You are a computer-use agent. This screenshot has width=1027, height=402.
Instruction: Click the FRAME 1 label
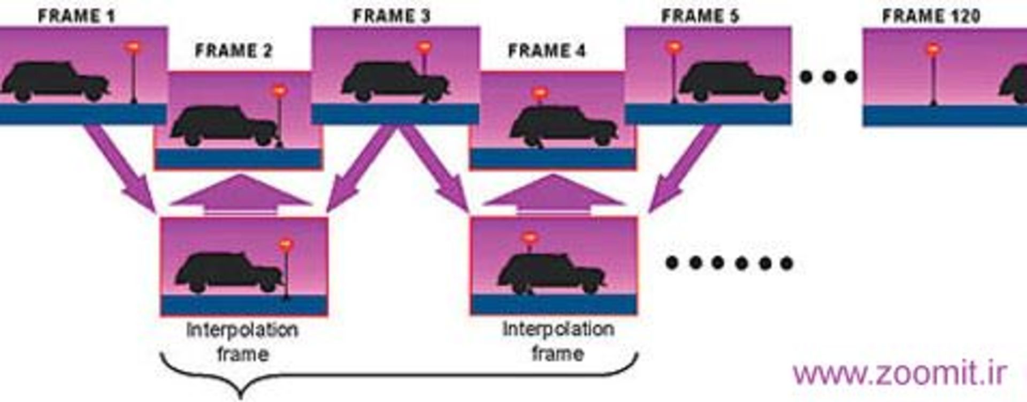pos(76,16)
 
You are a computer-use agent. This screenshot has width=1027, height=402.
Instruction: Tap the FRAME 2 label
pos(233,51)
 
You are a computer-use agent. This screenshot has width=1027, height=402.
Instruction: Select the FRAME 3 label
pos(391,16)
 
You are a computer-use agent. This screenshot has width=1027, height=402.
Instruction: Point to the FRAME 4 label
pos(547,51)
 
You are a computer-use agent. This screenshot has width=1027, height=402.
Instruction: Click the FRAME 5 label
pos(700,16)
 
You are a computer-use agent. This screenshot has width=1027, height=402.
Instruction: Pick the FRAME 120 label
pos(931,16)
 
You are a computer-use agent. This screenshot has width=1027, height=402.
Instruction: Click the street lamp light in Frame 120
pos(933,50)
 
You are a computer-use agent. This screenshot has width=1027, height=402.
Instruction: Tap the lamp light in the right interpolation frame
pos(529,237)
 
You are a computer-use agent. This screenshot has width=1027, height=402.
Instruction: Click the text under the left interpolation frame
pos(242,342)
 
